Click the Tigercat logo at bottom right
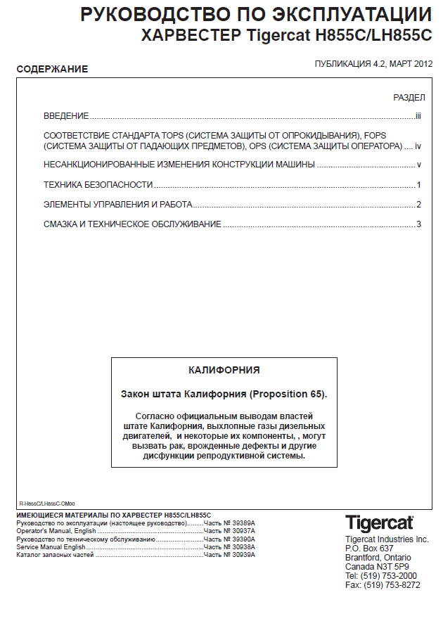click(x=379, y=524)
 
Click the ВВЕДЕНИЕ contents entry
click(x=66, y=116)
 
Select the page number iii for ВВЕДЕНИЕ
click(x=418, y=116)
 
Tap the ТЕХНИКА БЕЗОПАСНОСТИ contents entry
click(x=98, y=185)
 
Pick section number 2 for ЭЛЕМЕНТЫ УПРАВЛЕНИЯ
click(x=418, y=205)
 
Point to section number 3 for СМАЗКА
click(x=418, y=224)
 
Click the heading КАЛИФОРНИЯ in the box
click(x=224, y=369)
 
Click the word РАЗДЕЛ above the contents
click(x=409, y=97)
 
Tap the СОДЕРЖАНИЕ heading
click(x=52, y=69)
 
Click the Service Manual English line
click(x=51, y=547)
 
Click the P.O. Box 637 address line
click(x=369, y=549)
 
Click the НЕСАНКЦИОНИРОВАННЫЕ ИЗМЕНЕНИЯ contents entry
click(x=179, y=165)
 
